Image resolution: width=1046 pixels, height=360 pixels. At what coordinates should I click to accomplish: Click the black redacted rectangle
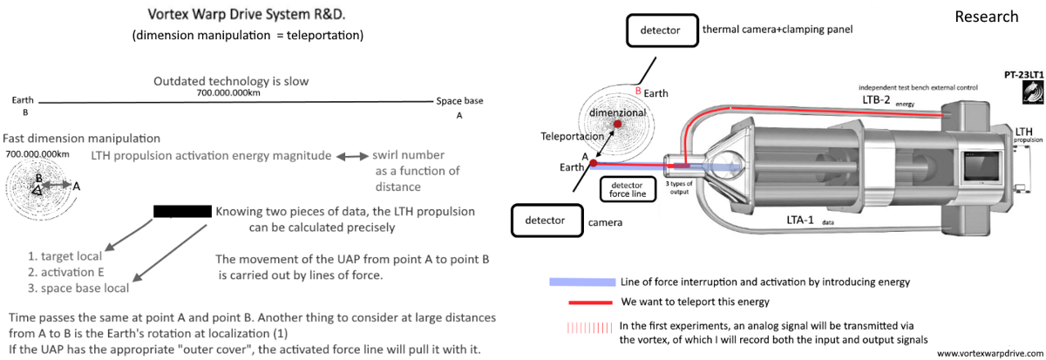point(182,211)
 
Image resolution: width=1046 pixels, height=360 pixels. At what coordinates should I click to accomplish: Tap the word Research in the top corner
point(986,17)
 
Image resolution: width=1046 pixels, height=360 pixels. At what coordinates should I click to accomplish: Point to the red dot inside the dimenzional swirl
point(618,126)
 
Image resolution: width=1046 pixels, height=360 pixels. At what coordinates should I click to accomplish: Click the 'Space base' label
point(459,101)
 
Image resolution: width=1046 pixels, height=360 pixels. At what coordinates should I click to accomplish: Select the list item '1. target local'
point(65,256)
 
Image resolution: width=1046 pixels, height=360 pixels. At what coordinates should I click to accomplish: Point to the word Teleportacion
point(571,137)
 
